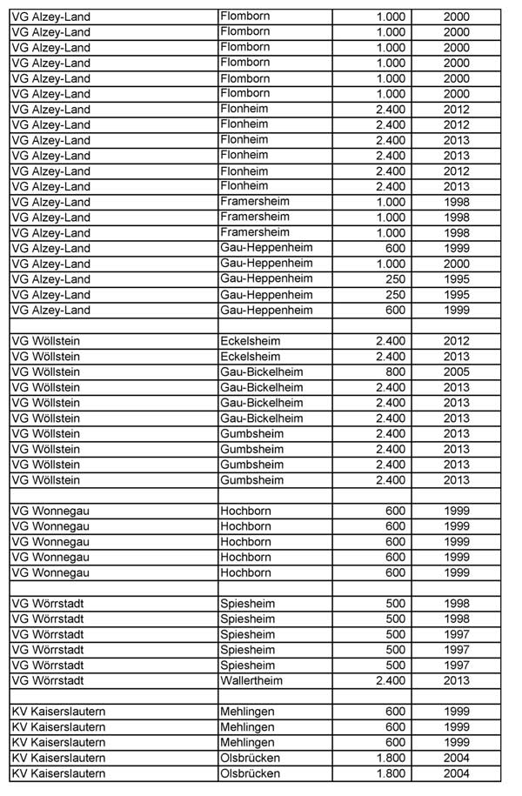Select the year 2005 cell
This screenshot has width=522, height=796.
456,372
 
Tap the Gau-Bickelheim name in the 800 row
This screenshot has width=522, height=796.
262,372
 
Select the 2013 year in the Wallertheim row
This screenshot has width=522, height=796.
456,681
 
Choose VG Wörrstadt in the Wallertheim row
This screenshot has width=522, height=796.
48,681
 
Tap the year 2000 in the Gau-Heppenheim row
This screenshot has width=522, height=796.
456,264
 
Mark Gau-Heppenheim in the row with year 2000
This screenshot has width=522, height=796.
266,264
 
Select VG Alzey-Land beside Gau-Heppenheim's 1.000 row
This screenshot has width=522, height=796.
50,264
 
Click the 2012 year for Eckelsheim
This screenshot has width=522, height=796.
456,341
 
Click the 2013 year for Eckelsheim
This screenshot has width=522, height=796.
456,357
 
